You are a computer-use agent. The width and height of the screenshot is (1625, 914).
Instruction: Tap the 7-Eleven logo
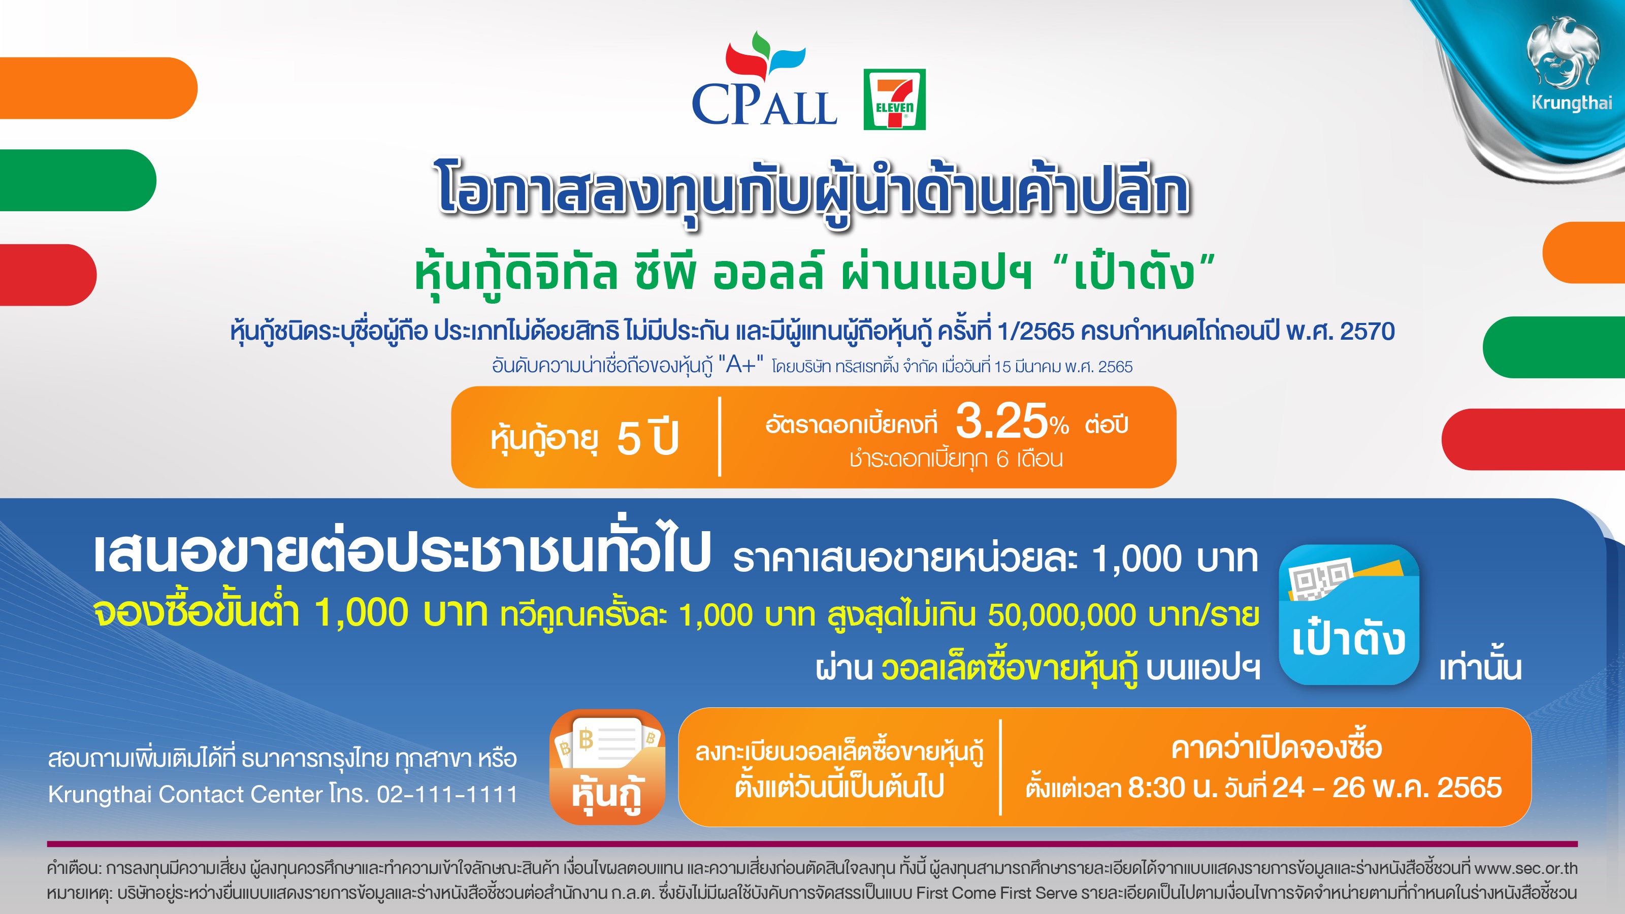[x=894, y=99]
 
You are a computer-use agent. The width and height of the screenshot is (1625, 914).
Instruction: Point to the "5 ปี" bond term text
[x=648, y=438]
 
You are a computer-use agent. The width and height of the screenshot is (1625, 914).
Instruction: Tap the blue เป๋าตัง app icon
[x=1349, y=614]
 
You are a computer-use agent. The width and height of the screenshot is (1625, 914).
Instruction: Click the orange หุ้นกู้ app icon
[x=607, y=767]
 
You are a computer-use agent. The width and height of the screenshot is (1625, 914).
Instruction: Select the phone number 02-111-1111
[x=447, y=794]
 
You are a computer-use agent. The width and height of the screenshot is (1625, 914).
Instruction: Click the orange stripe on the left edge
[x=99, y=88]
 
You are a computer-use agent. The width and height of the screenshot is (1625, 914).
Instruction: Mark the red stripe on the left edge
[x=48, y=274]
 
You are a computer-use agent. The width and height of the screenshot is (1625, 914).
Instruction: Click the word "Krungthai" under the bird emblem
[x=1571, y=103]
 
